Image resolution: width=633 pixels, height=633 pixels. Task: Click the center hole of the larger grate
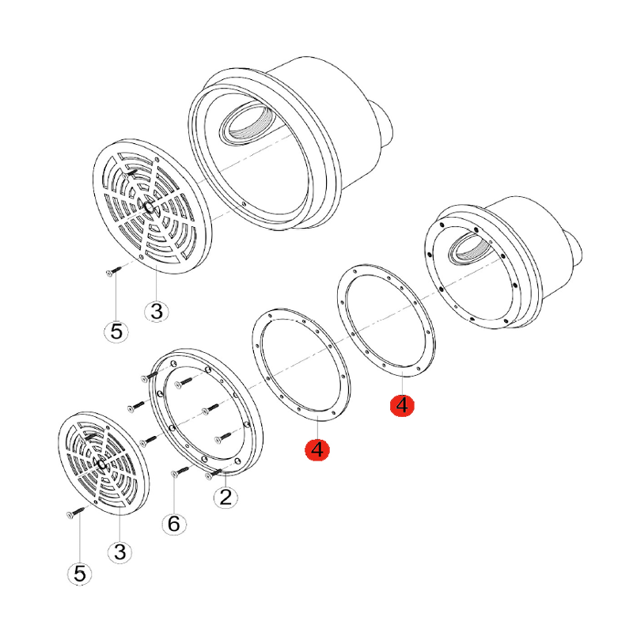(x=149, y=207)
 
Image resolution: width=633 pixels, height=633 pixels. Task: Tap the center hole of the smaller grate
(x=102, y=464)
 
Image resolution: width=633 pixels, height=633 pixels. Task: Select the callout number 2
(x=226, y=497)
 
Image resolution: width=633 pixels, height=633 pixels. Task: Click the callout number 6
(x=174, y=524)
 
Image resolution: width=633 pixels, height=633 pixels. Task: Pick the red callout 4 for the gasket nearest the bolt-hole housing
(x=402, y=405)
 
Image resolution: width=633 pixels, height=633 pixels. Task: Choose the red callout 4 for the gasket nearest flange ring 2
(x=317, y=449)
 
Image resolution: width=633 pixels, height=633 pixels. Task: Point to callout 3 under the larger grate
(x=156, y=311)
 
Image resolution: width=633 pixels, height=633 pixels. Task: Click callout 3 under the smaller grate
(x=120, y=552)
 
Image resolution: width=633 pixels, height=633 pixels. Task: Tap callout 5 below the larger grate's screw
(x=116, y=332)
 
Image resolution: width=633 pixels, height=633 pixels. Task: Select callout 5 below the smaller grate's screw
(x=80, y=573)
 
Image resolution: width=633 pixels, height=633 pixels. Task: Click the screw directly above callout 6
(x=180, y=471)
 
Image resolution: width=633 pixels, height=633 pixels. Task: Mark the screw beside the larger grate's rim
(x=113, y=271)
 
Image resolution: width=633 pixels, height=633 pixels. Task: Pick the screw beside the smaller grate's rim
(x=75, y=512)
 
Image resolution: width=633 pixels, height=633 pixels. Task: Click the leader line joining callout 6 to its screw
(x=174, y=495)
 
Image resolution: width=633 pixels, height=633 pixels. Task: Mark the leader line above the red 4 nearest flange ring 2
(x=318, y=429)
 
